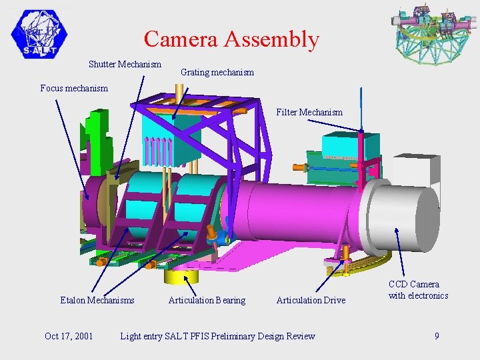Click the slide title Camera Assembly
pos(231,39)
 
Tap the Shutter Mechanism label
pos(125,65)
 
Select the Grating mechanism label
pos(217,72)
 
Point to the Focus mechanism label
pos(73,88)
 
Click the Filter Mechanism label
pos(309,112)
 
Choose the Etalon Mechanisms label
pos(97,301)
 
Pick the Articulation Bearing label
pos(207,301)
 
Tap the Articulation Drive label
pos(311,301)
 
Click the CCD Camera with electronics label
pos(418,290)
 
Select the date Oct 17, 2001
pos(69,336)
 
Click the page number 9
pos(437,336)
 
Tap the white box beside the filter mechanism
pos(416,170)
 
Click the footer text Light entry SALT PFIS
pos(217,336)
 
